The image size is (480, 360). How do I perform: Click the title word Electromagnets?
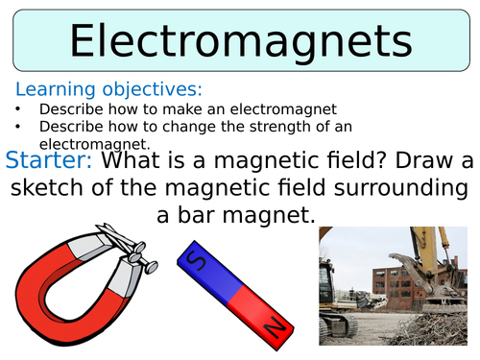pos(240,42)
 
